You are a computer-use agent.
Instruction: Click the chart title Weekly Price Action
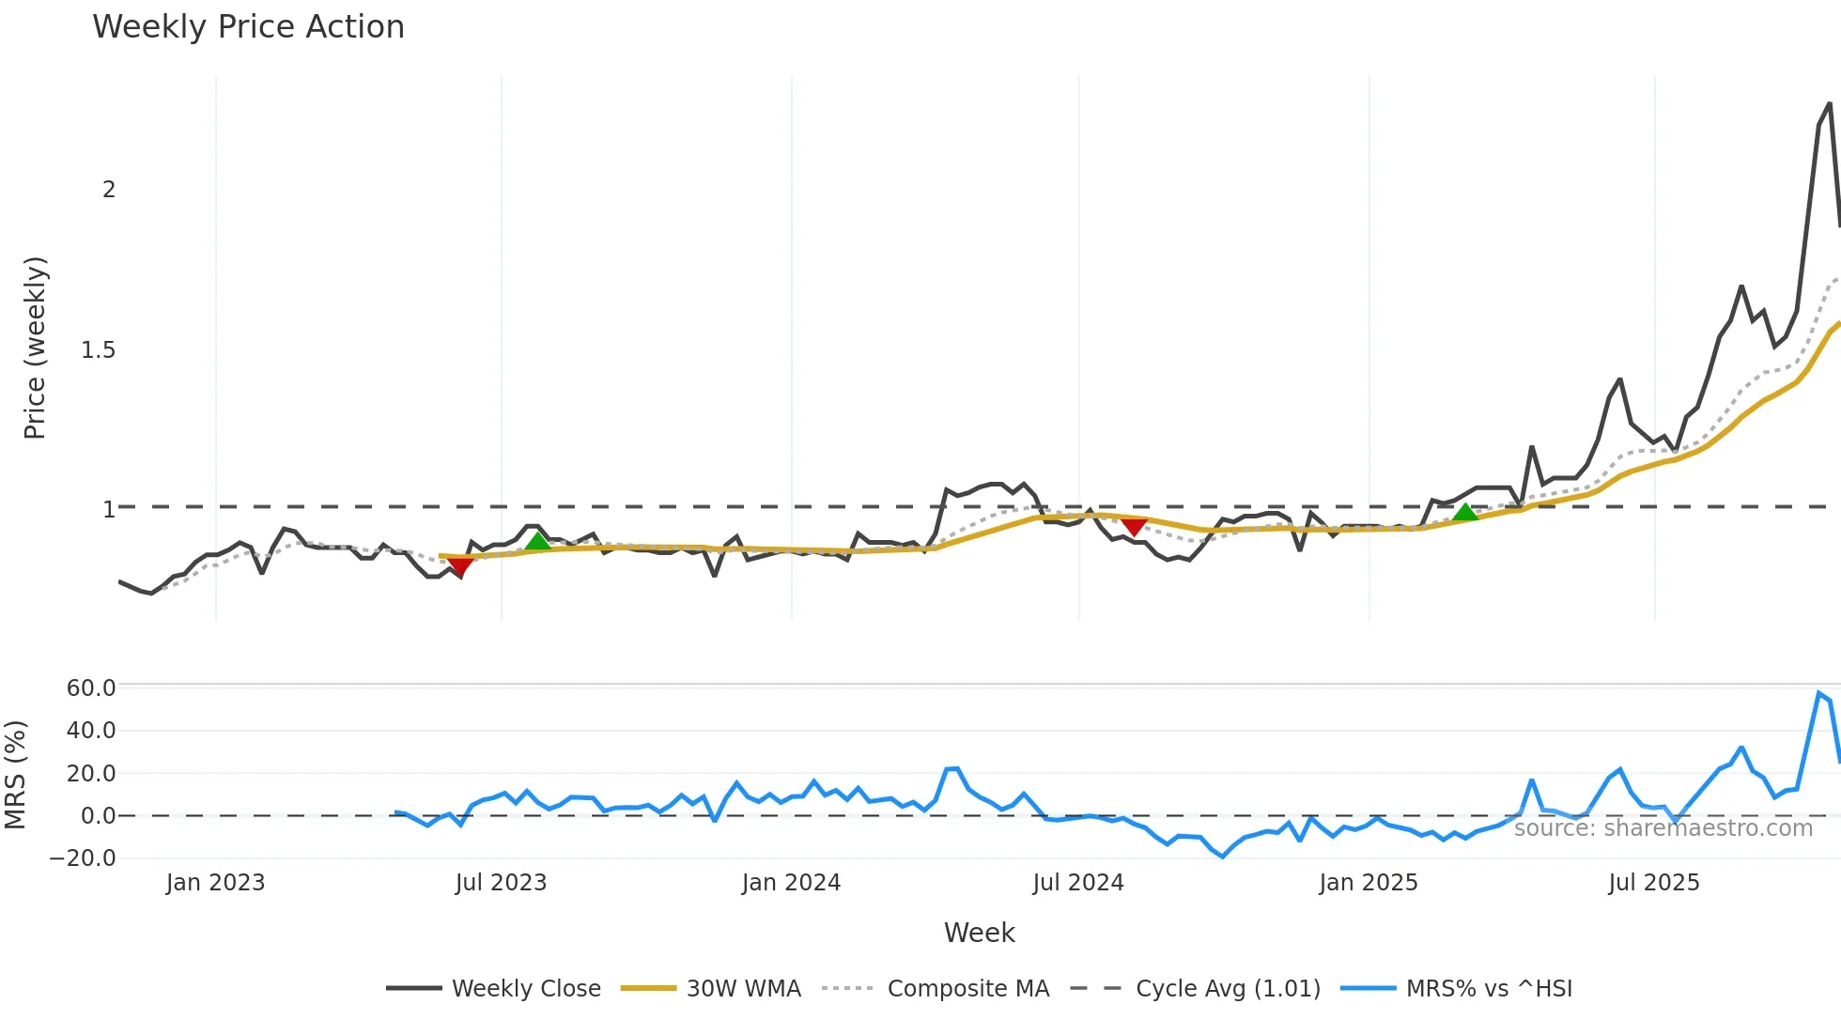point(248,27)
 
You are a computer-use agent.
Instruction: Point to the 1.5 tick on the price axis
point(98,350)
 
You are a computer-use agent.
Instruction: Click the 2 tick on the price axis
point(109,190)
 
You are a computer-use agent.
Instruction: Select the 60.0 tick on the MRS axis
point(91,688)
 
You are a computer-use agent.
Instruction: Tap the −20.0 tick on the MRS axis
point(83,858)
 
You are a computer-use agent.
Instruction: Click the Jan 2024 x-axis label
point(791,883)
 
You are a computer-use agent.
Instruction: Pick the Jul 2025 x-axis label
point(1653,883)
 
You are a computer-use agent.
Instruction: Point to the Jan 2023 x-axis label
point(215,883)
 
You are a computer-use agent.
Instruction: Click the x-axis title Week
point(979,933)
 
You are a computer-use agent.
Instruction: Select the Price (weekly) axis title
point(35,348)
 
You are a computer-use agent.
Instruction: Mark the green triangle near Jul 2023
point(538,541)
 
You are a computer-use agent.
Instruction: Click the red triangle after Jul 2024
point(1134,527)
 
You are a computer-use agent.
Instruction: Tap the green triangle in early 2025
point(1465,512)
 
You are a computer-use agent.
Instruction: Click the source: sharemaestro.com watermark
point(1663,827)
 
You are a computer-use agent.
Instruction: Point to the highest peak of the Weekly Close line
point(1830,103)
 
